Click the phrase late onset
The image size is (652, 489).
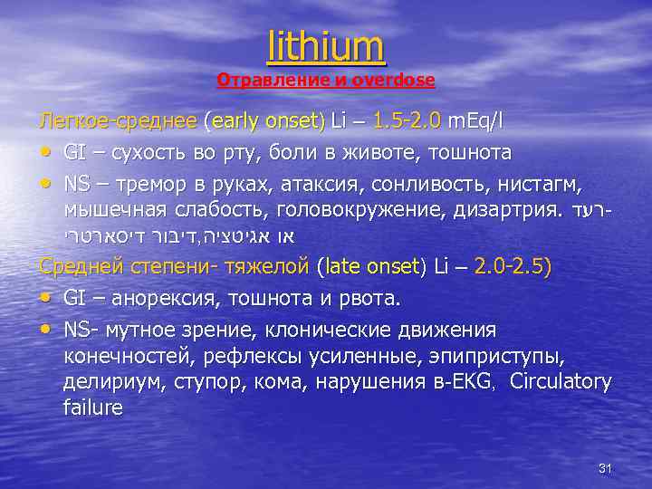[369, 267]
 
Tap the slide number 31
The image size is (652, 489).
[606, 468]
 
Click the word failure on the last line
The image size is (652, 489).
[93, 407]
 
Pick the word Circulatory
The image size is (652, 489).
[561, 381]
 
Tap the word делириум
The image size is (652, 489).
[110, 381]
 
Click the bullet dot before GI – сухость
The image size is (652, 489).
[45, 151]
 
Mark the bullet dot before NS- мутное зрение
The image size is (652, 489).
[45, 329]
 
